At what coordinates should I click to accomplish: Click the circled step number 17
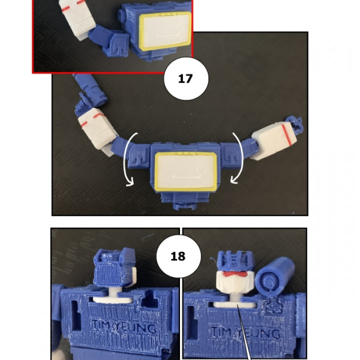185,78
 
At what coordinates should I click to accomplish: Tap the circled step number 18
177,256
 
